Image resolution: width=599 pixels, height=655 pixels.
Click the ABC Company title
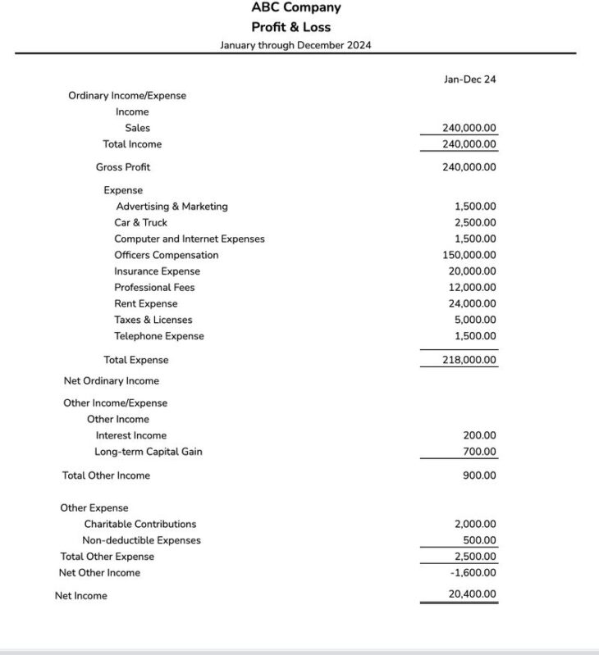pyautogui.click(x=295, y=7)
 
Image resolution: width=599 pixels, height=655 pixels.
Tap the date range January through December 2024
pyautogui.click(x=295, y=45)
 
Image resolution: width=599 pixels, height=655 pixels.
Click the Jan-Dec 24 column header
pyautogui.click(x=469, y=80)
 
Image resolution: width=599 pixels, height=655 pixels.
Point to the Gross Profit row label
pyautogui.click(x=123, y=167)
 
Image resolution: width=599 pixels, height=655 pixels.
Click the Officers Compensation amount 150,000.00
pyautogui.click(x=469, y=255)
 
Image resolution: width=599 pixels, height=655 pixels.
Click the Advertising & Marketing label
pyautogui.click(x=171, y=207)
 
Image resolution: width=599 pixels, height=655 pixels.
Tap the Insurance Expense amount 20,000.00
pyautogui.click(x=472, y=271)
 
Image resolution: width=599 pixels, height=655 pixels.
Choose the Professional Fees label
pyautogui.click(x=154, y=288)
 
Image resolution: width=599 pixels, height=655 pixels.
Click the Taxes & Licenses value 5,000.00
pyautogui.click(x=475, y=320)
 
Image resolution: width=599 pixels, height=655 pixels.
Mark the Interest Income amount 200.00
pyautogui.click(x=479, y=435)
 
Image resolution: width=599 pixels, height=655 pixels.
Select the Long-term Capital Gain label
pyautogui.click(x=148, y=452)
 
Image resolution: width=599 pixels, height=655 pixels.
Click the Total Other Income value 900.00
pyautogui.click(x=479, y=475)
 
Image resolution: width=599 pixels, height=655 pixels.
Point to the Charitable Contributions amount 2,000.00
pyautogui.click(x=475, y=524)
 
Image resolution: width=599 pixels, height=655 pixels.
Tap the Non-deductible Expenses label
pyautogui.click(x=141, y=540)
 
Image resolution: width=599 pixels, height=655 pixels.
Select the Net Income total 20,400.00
pyautogui.click(x=472, y=594)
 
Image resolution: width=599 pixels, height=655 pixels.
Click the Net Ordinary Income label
pyautogui.click(x=112, y=381)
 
